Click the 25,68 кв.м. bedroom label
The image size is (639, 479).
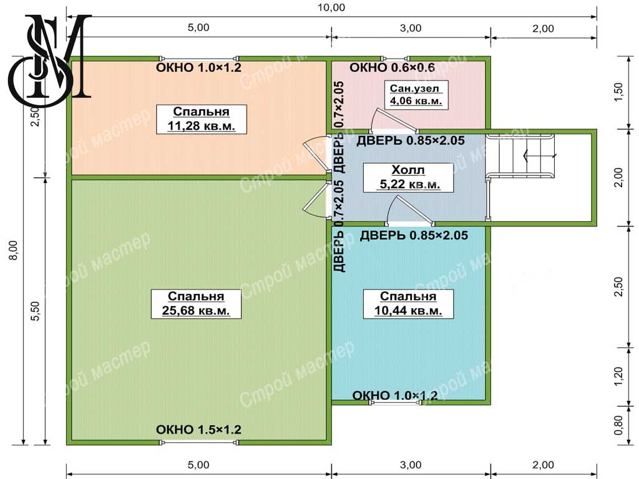[x=196, y=304]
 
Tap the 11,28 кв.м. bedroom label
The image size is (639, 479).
[x=202, y=119]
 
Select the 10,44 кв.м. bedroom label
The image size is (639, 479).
[x=408, y=304]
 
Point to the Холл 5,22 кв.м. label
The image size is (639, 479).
[x=408, y=177]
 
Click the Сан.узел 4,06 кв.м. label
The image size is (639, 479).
[x=416, y=95]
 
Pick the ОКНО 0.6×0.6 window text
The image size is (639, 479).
[x=392, y=67]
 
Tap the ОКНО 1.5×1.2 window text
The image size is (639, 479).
[x=198, y=429]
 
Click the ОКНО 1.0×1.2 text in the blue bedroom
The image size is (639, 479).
[x=394, y=395]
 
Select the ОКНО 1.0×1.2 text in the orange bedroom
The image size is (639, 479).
[x=198, y=67]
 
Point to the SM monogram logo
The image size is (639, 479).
[x=50, y=61]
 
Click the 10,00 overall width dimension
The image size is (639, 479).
[x=331, y=7]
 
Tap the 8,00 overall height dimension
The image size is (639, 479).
[x=14, y=250]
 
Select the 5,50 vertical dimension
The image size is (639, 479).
[x=36, y=311]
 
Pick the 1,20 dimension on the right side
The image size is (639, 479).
[x=618, y=376]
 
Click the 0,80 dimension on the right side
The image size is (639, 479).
[x=618, y=425]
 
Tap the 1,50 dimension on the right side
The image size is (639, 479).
[x=618, y=92]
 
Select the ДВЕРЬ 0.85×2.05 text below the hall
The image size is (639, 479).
[x=414, y=235]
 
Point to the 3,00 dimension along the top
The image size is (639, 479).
[x=411, y=28]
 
